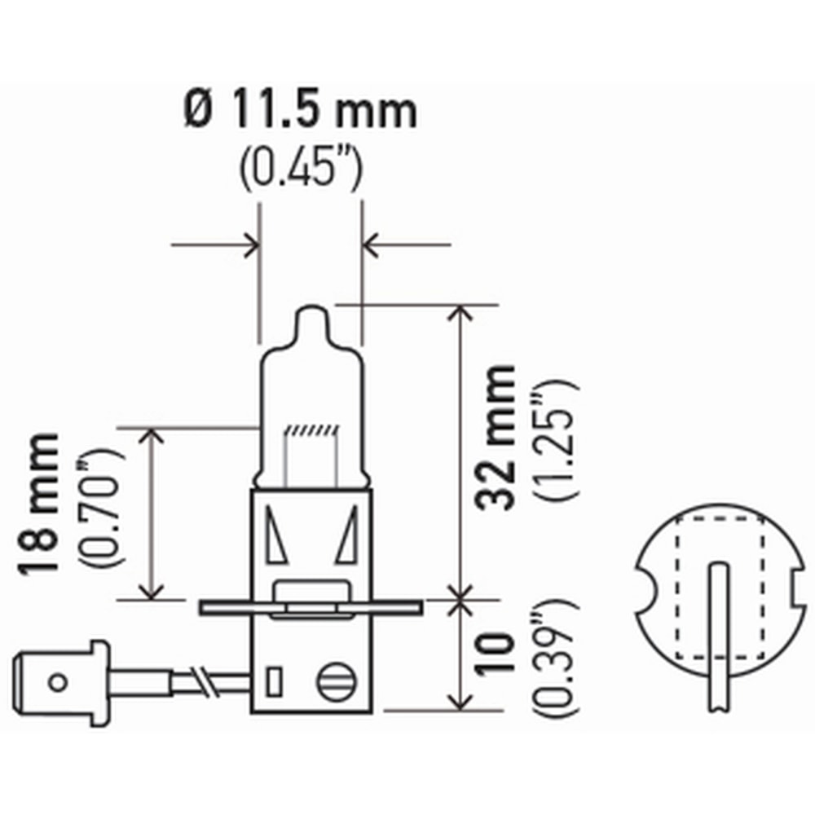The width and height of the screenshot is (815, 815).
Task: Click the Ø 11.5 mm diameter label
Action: coord(300,112)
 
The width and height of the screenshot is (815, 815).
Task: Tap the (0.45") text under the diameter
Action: coord(300,166)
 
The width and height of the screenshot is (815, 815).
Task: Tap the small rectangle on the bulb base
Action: coord(275,680)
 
